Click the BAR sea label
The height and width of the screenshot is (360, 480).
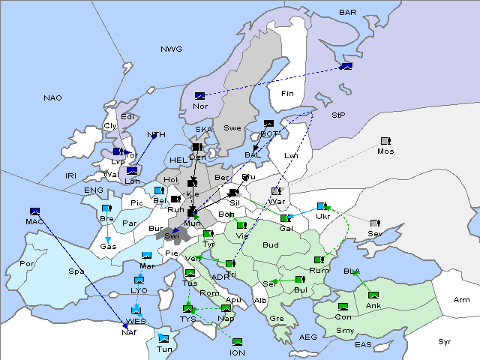coord(348,13)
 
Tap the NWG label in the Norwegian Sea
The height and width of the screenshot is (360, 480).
coord(171,49)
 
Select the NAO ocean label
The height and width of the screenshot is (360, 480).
coord(52,98)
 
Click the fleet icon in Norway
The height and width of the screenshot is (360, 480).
coord(199,96)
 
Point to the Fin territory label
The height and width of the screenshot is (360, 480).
coord(286,94)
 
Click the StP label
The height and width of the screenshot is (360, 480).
coord(338,116)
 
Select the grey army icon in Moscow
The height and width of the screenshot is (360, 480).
coord(385,141)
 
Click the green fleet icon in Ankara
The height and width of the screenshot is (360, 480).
coord(373,295)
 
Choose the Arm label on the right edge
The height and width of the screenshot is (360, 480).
coord(462,300)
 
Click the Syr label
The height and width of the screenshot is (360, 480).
coord(445,342)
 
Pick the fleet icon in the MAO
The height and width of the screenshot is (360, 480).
coord(34,211)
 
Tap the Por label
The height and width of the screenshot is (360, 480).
coord(27,264)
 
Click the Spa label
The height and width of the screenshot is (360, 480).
coord(76,271)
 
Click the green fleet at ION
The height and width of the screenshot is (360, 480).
coord(237,343)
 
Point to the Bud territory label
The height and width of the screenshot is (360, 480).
coord(270,245)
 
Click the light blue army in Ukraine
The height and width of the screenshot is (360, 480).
coord(322,206)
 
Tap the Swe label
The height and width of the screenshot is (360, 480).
coord(232,128)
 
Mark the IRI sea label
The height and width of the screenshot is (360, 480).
coord(71,175)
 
